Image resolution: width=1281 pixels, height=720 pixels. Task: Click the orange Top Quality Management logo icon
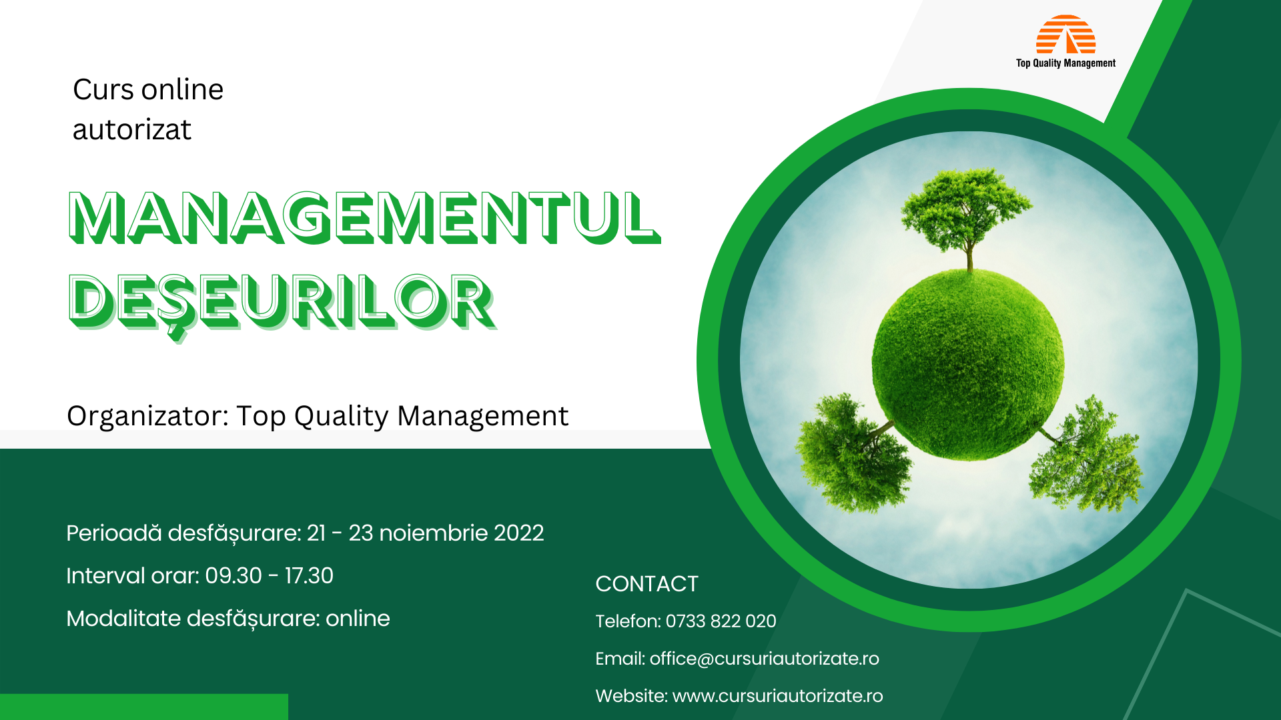(x=1065, y=35)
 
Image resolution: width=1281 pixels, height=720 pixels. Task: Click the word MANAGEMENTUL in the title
(x=364, y=217)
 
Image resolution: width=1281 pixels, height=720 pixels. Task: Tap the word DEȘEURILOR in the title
(x=282, y=302)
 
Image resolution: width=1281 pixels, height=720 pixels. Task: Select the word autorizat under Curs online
(x=132, y=129)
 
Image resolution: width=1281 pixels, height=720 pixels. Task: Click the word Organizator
(x=147, y=416)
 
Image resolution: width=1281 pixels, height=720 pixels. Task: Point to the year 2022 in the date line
(x=518, y=533)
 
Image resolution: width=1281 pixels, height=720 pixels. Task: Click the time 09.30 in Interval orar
(x=234, y=576)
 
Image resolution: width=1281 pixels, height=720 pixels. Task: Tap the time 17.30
(x=309, y=576)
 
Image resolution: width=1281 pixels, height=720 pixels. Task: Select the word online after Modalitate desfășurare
(x=358, y=619)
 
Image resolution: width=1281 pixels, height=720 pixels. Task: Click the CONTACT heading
(x=647, y=584)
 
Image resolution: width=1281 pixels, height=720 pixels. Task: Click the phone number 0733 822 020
(x=721, y=621)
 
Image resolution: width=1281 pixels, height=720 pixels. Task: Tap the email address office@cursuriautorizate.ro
(x=764, y=659)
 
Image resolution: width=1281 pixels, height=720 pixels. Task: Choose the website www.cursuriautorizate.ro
(x=777, y=696)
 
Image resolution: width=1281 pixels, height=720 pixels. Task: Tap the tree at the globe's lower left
(x=851, y=453)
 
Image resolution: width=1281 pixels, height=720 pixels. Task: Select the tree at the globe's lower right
(x=1088, y=457)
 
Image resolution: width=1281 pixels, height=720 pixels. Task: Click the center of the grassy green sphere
(x=967, y=363)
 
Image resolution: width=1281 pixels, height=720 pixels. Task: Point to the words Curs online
(x=148, y=89)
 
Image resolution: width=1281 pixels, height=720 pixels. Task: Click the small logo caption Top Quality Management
(x=1065, y=63)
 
